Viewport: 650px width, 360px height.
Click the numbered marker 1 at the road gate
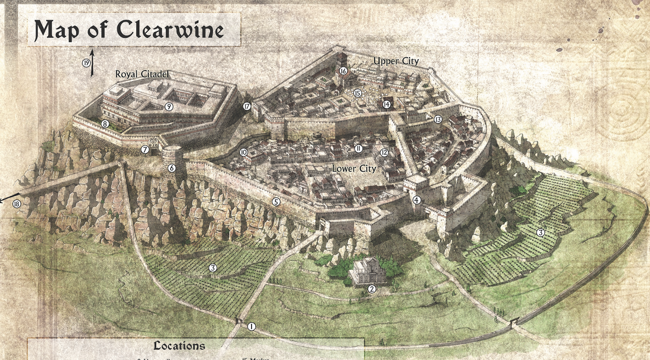click(251, 326)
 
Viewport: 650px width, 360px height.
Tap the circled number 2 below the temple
click(372, 289)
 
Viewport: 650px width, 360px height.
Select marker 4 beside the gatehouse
click(416, 200)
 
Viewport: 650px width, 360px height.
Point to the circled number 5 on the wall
click(276, 202)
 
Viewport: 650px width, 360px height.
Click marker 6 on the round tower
click(171, 168)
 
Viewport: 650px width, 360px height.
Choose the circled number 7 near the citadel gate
click(145, 150)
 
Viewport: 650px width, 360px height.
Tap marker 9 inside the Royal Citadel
click(169, 107)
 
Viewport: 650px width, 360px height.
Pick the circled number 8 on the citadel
click(105, 124)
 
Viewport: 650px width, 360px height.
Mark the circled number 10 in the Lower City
click(244, 152)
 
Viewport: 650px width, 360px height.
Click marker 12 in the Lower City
click(384, 153)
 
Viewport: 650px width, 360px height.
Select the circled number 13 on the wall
click(438, 119)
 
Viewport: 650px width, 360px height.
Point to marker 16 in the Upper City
click(343, 71)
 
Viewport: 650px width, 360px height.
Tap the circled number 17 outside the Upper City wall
click(247, 106)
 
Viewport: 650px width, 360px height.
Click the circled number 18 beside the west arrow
click(17, 204)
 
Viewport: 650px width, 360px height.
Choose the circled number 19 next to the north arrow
click(86, 63)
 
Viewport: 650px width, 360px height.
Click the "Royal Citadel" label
click(142, 74)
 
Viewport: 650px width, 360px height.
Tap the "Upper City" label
click(396, 61)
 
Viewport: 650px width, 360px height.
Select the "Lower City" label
click(354, 168)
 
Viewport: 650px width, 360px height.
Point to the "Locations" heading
click(179, 346)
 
